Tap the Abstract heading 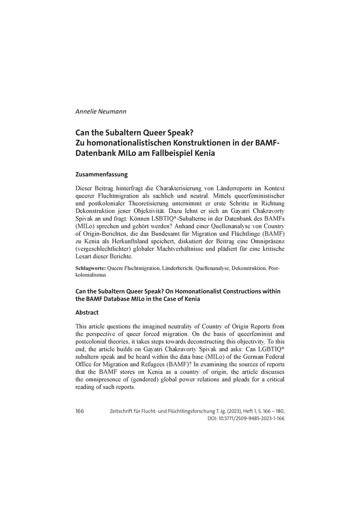point(87,312)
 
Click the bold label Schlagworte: point(90,268)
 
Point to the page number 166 point(80,412)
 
